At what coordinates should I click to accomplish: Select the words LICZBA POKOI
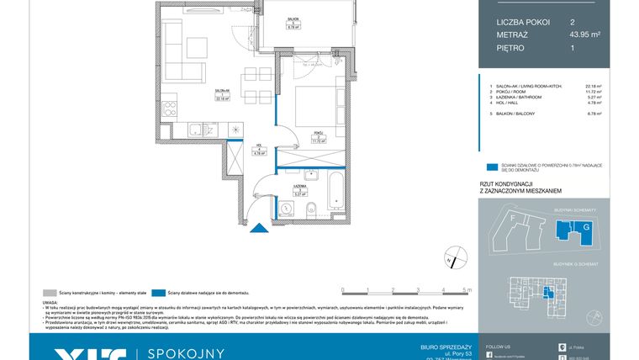click(518, 22)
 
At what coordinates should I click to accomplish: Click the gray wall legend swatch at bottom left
click(46, 292)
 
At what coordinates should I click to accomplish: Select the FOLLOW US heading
click(498, 346)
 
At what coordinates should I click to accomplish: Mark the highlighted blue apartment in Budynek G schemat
click(548, 292)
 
